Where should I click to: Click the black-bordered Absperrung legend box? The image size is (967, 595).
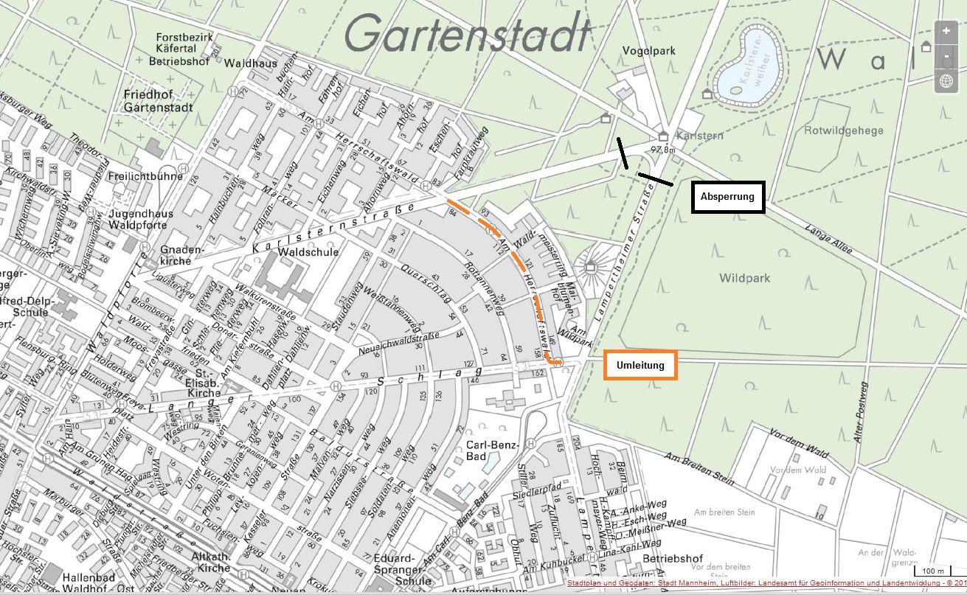pos(727,197)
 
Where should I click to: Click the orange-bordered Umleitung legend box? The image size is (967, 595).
pos(640,365)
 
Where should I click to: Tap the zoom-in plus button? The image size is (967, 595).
pos(946,32)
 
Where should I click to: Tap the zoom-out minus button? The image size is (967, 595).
pos(946,57)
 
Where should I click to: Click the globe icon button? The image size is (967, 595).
pos(946,81)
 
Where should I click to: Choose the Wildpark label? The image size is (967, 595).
pos(745,279)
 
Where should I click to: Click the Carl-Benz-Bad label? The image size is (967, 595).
pos(493,451)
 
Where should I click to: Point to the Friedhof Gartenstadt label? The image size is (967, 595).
pos(158,101)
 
